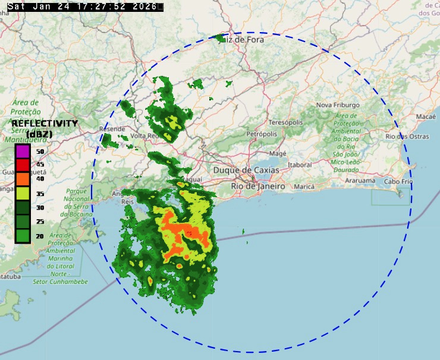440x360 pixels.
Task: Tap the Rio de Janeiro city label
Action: (258, 186)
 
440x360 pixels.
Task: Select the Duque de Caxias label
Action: (246, 170)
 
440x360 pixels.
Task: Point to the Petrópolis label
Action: (262, 134)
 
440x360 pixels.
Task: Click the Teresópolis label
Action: (286, 122)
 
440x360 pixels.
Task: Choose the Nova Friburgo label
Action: (338, 105)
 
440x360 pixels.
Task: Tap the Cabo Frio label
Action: (398, 181)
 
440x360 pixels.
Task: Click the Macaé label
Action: (426, 116)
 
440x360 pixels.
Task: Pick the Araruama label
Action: (360, 180)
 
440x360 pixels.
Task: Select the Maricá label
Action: (304, 187)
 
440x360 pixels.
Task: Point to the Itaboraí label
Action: (299, 165)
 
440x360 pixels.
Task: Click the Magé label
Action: (278, 153)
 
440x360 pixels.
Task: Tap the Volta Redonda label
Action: (145, 136)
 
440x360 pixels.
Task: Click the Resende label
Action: (112, 129)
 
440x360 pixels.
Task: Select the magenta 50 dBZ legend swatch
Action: (23, 151)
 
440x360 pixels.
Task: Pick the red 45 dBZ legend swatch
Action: (23, 165)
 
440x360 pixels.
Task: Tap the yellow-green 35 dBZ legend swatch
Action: (23, 193)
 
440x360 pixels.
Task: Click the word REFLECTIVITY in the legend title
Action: (45, 123)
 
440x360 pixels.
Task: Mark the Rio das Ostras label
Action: (407, 137)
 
